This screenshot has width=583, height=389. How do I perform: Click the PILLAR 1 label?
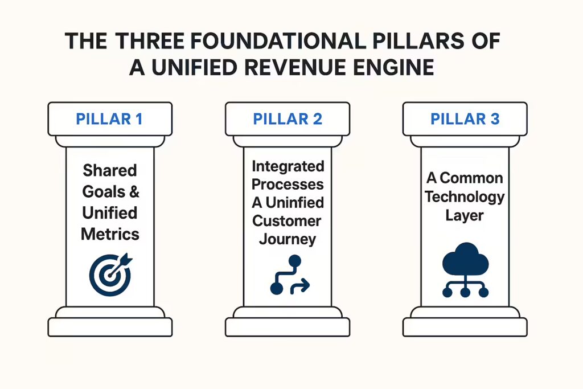click(109, 119)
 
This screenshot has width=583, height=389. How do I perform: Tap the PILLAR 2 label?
click(288, 119)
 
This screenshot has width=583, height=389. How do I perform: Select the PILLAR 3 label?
click(465, 119)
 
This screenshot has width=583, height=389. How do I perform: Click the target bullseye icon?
click(110, 275)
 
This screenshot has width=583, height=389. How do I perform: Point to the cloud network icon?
click(465, 269)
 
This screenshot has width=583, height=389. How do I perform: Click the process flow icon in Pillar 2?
click(290, 275)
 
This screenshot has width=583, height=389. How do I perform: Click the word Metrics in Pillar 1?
click(110, 234)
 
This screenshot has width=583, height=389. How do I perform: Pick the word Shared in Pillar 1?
click(110, 170)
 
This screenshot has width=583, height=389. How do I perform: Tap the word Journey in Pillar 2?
click(288, 239)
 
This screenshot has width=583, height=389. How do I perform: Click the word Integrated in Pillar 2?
click(288, 167)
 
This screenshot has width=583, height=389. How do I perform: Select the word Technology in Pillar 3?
click(465, 196)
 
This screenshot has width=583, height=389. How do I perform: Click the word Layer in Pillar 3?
click(465, 215)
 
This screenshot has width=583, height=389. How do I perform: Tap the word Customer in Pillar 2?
click(287, 221)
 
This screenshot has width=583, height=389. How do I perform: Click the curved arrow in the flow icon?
click(299, 286)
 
